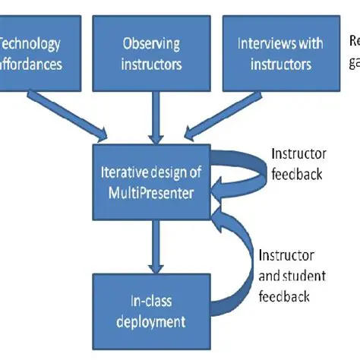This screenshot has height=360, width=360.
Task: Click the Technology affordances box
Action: (37, 52)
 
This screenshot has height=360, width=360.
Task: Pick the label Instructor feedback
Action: (298, 163)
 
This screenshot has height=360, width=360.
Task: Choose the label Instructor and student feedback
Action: (287, 276)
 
